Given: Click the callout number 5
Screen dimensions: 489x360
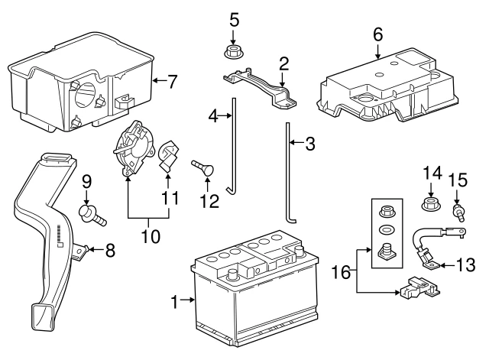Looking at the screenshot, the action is (x=235, y=20).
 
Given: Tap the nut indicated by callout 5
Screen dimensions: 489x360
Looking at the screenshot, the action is (x=233, y=52).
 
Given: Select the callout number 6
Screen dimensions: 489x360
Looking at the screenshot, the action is (x=377, y=34).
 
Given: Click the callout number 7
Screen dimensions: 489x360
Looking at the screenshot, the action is (x=173, y=82).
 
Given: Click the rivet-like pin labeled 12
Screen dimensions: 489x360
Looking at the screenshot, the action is (x=202, y=167).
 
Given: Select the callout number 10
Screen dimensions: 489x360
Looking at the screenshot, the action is (x=151, y=236).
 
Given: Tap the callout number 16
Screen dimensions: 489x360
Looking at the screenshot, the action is (x=341, y=272).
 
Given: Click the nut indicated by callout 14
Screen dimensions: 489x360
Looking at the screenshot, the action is (x=431, y=203).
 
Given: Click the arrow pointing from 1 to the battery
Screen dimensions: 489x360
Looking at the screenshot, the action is (x=187, y=300).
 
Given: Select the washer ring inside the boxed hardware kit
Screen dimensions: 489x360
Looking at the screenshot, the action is (x=387, y=230).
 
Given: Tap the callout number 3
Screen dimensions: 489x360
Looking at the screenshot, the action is (x=310, y=144).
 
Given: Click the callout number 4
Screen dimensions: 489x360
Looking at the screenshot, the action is (x=213, y=116).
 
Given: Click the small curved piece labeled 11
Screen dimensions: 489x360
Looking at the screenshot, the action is (x=168, y=156).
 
